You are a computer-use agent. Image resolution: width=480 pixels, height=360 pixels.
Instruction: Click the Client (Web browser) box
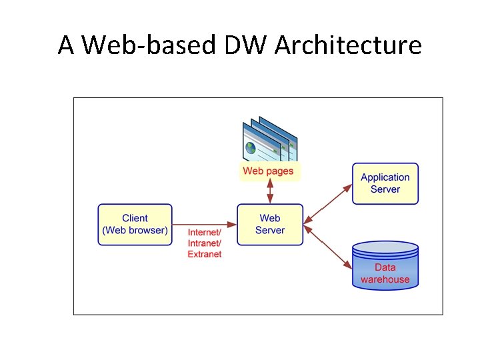coord(135,225)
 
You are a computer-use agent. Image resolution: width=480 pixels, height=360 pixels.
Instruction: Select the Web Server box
coord(270,225)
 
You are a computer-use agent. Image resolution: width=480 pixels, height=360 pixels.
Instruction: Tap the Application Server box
coord(385,183)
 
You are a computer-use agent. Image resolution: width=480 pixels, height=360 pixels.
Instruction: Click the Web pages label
coord(267,171)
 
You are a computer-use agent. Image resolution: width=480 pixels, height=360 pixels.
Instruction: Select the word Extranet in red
coord(205,254)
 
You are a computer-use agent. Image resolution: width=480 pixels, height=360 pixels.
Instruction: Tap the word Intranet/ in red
coord(205,243)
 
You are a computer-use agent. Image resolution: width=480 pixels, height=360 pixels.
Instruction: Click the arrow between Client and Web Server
coord(205,225)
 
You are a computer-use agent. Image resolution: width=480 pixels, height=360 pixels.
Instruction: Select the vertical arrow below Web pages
coord(270,193)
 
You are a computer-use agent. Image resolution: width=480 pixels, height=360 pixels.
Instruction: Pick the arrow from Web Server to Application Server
coord(327,204)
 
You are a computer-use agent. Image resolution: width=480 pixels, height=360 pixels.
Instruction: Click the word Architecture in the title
coord(348,45)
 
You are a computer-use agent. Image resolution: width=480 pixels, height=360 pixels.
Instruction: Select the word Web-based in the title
coord(152,45)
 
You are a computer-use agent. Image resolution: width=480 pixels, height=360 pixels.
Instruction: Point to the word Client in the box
coord(135,218)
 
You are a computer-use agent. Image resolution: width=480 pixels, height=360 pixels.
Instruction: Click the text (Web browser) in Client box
coord(135,231)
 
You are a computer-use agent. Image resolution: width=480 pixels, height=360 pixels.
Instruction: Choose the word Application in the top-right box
coord(385,177)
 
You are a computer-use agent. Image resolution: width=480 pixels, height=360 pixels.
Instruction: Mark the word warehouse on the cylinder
coord(385,279)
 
